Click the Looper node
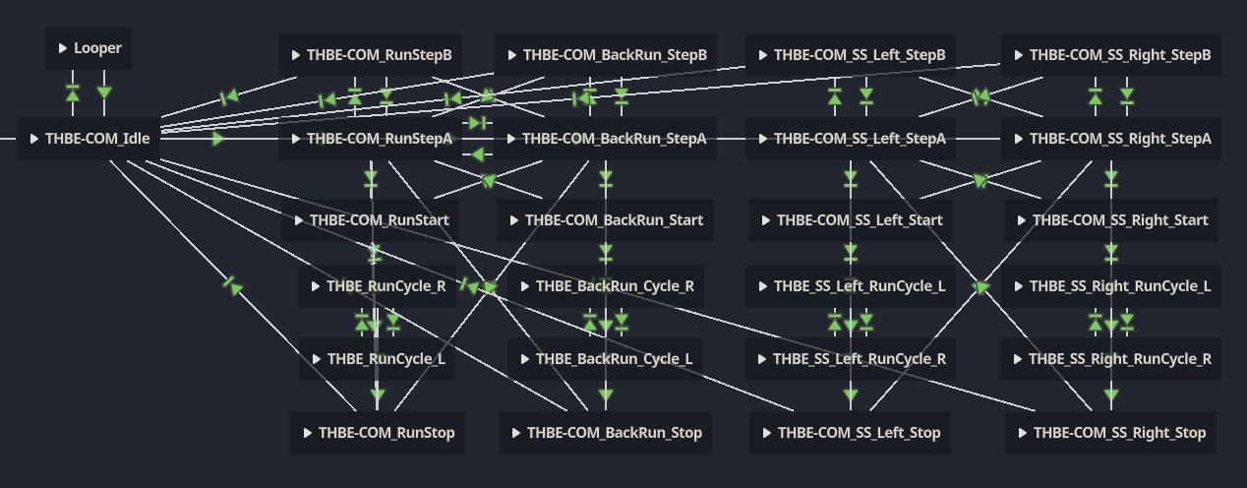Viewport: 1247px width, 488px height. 89,48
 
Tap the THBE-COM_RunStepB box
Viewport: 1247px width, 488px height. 371,55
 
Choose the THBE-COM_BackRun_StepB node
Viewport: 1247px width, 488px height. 606,55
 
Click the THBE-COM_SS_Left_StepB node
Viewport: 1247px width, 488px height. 851,55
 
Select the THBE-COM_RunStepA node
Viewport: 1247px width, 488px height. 371,139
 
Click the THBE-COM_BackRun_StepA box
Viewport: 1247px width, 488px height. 606,139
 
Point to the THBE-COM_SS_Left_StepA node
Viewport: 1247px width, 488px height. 851,139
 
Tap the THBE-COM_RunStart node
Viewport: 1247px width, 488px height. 371,220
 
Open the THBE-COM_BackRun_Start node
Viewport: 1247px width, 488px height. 606,220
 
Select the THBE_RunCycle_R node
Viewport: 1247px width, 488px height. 378,286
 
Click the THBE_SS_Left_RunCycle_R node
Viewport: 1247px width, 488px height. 851,359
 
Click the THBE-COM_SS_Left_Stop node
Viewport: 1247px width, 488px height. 851,433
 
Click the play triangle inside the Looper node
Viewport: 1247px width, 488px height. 63,48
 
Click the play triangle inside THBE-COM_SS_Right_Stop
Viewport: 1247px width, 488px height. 1023,433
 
